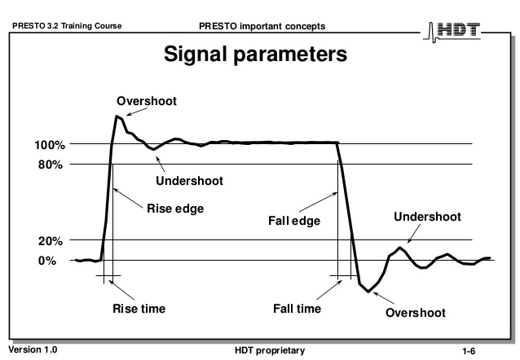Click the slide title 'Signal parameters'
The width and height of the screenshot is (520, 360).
(255, 55)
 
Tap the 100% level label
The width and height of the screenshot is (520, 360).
(50, 145)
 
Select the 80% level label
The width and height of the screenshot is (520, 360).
(51, 165)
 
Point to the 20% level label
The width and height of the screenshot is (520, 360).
(51, 241)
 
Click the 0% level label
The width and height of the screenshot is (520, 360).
(47, 261)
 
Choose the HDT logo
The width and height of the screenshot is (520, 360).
(452, 32)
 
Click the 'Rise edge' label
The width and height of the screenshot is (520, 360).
(175, 209)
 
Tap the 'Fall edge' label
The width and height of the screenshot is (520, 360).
(294, 221)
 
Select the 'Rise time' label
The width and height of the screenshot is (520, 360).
(139, 309)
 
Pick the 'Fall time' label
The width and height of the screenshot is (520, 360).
(297, 309)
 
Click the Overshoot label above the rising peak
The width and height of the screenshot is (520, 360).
(147, 101)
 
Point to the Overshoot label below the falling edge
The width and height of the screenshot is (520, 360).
(416, 313)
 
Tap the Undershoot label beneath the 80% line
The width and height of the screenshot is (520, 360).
(189, 181)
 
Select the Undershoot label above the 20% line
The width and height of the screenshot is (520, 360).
(427, 217)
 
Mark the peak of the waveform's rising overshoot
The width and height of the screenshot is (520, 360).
(117, 116)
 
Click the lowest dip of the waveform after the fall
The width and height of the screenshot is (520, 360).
(368, 292)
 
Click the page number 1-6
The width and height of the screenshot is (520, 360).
(469, 351)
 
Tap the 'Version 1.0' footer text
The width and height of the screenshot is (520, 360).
(33, 349)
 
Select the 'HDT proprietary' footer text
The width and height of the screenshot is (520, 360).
(270, 350)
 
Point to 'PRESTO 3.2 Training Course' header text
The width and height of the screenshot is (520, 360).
(67, 26)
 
